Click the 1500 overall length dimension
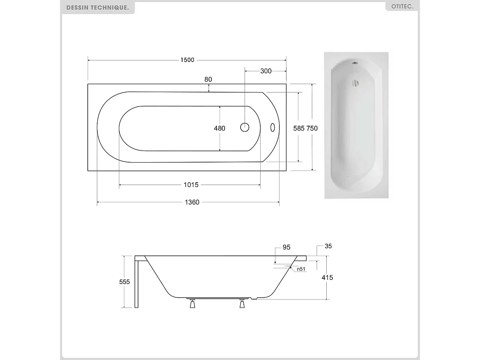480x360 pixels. click(x=187, y=60)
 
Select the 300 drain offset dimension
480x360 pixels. click(x=266, y=71)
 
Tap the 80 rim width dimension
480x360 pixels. click(x=208, y=79)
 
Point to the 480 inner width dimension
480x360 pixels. click(x=220, y=129)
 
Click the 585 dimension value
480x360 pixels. click(x=299, y=129)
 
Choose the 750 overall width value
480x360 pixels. click(x=312, y=129)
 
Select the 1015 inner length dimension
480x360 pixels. click(x=191, y=185)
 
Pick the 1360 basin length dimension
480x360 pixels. click(x=192, y=202)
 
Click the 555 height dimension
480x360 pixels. click(x=125, y=282)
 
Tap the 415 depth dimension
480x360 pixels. click(x=327, y=278)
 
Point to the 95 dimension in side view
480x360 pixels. click(x=286, y=247)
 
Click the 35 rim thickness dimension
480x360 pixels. click(x=328, y=246)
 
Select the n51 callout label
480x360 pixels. click(x=301, y=269)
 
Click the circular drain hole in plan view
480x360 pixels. click(x=245, y=127)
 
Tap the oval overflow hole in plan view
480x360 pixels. click(x=273, y=127)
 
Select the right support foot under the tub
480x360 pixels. click(x=242, y=304)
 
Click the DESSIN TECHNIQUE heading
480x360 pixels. click(x=98, y=8)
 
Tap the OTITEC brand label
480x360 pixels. click(x=402, y=6)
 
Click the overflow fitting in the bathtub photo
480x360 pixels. click(x=355, y=83)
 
